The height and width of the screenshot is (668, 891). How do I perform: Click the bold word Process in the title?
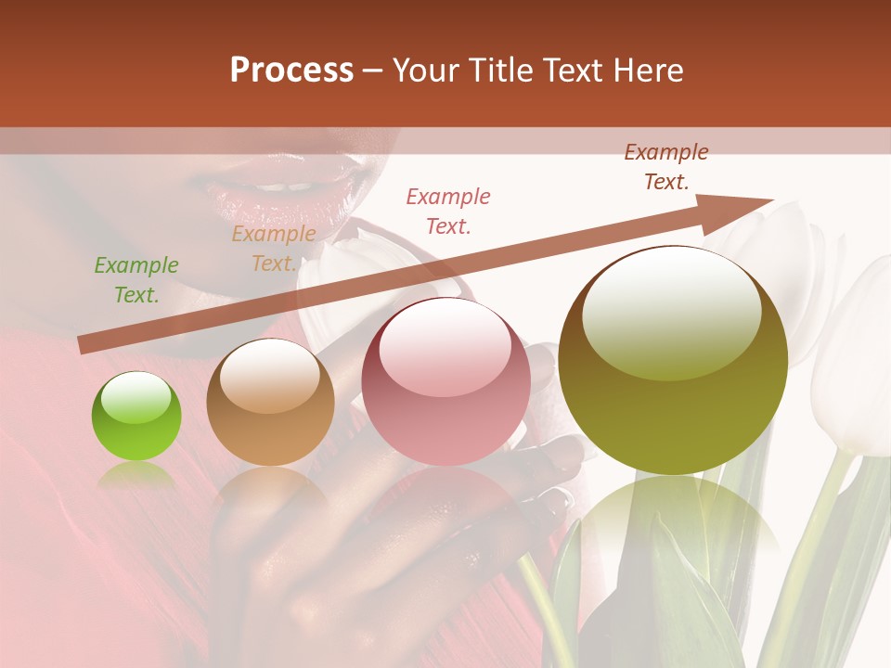point(291,71)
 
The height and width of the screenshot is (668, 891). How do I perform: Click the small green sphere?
point(136,417)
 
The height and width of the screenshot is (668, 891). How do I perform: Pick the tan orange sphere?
point(270,403)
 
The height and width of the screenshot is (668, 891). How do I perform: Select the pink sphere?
point(445,381)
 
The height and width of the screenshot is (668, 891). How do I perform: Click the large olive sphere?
point(673,360)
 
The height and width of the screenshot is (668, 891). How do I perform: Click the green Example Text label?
point(136,280)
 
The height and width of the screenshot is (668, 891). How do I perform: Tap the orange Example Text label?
point(274,249)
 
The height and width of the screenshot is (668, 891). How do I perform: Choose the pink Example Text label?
point(448,211)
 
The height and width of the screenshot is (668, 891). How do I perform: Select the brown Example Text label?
point(666,167)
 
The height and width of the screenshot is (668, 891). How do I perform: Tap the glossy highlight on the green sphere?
point(136,399)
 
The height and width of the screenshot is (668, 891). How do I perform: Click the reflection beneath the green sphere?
point(136,478)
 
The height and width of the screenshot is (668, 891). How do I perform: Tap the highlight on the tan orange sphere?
point(269,375)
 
